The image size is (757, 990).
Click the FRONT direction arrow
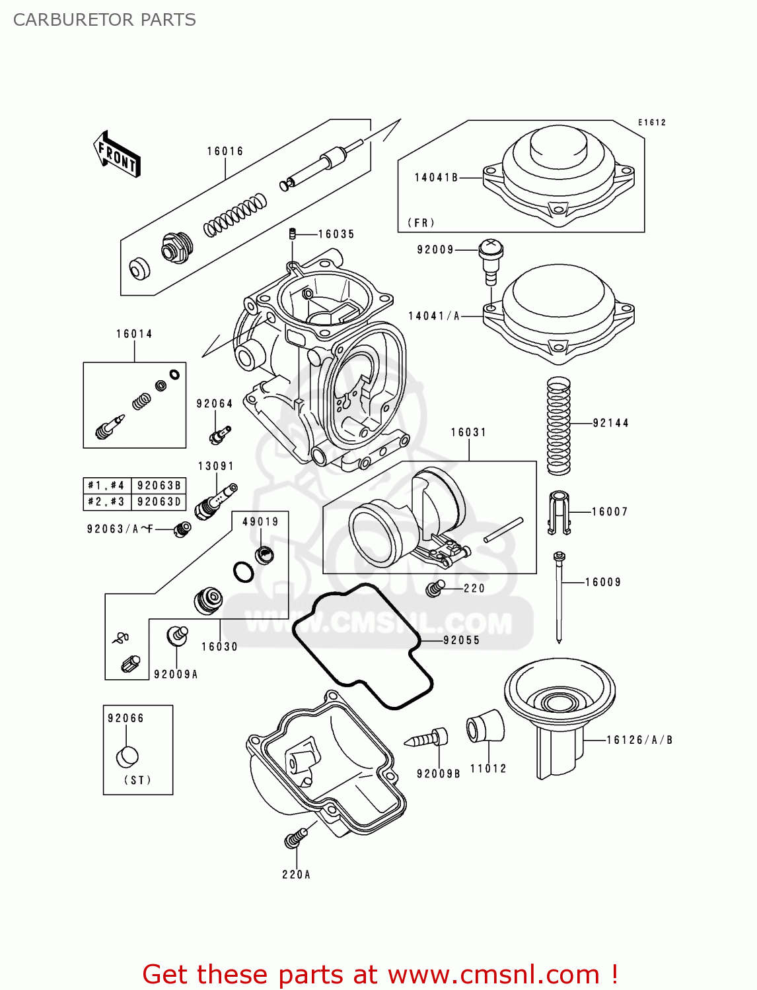[118, 154]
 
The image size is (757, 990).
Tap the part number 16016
[225, 151]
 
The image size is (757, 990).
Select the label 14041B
[436, 178]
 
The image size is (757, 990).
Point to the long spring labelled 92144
[558, 426]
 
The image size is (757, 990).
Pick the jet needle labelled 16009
[559, 597]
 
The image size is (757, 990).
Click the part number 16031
[468, 432]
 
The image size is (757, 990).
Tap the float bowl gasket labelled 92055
[362, 647]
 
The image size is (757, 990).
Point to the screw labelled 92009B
[428, 737]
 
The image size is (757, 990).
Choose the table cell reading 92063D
[159, 502]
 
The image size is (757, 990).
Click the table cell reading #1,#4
[106, 485]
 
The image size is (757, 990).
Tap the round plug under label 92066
[127, 756]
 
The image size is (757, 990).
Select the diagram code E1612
[651, 122]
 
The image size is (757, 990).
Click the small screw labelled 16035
[292, 234]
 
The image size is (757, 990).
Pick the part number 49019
[260, 521]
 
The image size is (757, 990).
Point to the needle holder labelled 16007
[559, 512]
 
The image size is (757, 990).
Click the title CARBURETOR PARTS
[104, 20]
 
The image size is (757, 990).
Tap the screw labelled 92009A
[177, 634]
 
